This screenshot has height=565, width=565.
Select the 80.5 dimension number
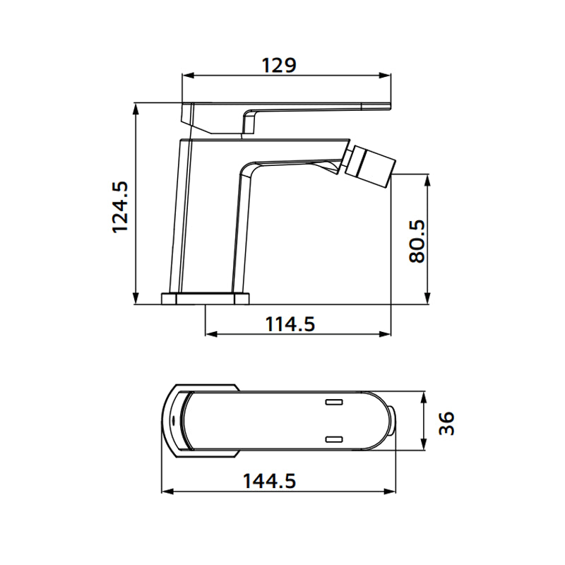click(417, 240)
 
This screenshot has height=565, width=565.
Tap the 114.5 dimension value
click(290, 324)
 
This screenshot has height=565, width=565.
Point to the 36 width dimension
click(446, 422)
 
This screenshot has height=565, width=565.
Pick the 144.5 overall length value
click(268, 481)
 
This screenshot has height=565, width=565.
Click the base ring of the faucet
click(206, 297)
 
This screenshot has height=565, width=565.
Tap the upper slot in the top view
click(333, 403)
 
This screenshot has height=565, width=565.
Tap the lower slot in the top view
click(333, 439)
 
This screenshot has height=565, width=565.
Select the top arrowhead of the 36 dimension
click(424, 396)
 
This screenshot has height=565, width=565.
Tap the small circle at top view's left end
click(173, 422)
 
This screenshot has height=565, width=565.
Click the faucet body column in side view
click(205, 219)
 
